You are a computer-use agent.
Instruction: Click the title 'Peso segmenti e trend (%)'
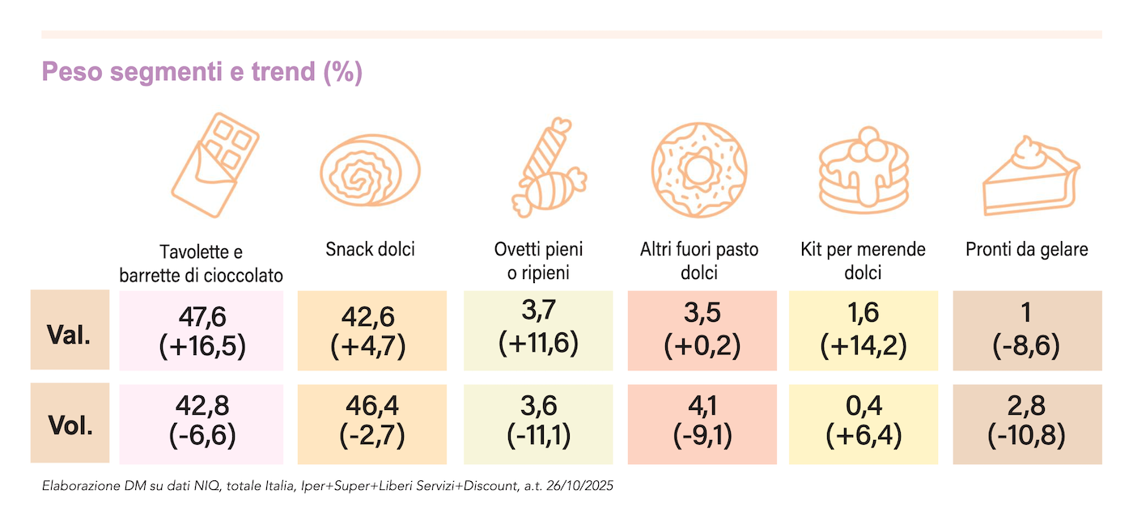[x=202, y=72]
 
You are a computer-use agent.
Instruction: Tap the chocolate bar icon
[x=214, y=165]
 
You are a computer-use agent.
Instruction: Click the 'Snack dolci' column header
[x=371, y=249]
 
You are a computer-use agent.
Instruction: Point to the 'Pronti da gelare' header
[x=1026, y=249]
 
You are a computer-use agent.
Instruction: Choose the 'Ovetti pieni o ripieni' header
[x=539, y=260]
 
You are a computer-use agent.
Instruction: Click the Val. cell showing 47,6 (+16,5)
[x=202, y=330]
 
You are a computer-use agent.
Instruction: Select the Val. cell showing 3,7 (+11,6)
[x=538, y=330]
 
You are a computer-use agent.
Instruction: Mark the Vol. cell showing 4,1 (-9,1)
[x=702, y=424]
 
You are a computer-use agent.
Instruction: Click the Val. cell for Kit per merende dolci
[x=863, y=330]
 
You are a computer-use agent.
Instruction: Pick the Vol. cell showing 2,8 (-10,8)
[x=1027, y=424]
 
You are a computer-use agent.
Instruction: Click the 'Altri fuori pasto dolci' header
[x=699, y=260]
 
